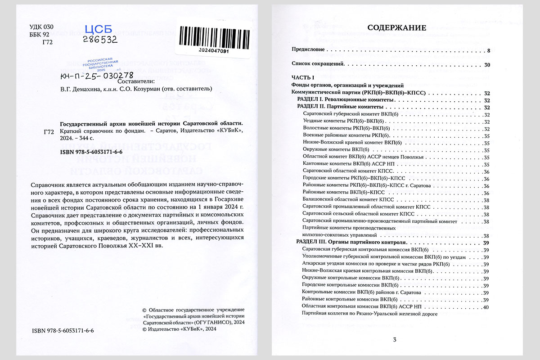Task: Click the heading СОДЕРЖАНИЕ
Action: tap(396, 27)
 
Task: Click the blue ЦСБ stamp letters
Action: tap(98, 30)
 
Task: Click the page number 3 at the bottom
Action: tap(394, 339)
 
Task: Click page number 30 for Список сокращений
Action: tap(486, 65)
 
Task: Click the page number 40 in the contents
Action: tap(485, 307)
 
